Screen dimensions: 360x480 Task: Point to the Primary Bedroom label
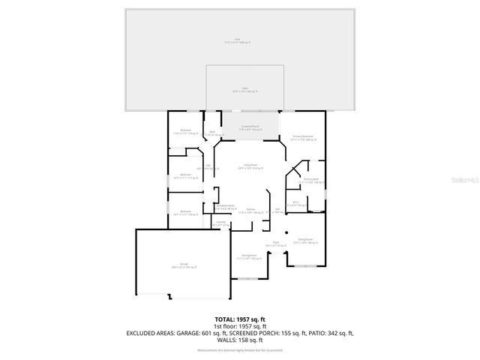(302, 138)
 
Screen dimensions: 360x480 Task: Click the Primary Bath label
(310, 181)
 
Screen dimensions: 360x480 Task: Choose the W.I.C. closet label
(296, 202)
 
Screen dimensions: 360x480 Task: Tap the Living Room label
(250, 166)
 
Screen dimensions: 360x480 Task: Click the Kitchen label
(252, 211)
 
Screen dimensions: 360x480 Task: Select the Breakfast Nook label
(226, 206)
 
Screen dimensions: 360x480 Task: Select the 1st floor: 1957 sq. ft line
(239, 326)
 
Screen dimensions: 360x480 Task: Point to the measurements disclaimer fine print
(239, 349)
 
